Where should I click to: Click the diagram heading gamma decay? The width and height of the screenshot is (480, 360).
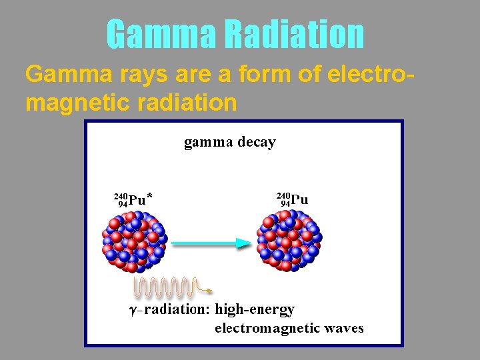click(229, 142)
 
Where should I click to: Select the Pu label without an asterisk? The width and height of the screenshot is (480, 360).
click(299, 199)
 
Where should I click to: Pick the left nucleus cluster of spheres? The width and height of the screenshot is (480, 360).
click(134, 241)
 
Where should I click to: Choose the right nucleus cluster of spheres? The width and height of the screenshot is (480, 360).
click(289, 240)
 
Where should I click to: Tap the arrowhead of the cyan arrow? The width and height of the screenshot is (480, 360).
click(242, 244)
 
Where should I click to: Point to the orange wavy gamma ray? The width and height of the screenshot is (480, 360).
click(167, 287)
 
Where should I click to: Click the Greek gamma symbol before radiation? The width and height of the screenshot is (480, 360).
click(133, 311)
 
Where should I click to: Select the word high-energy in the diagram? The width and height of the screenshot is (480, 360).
click(255, 309)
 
